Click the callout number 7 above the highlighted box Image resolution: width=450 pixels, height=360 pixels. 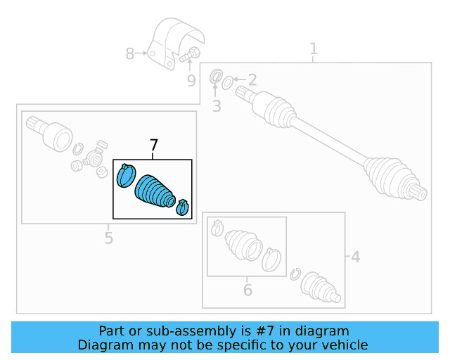tap(154, 146)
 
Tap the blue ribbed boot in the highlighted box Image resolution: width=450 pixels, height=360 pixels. tap(154, 189)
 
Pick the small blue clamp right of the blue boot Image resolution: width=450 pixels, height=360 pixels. tap(183, 207)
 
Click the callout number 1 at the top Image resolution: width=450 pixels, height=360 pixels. tap(314, 49)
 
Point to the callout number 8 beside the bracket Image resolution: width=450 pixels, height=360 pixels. tap(129, 53)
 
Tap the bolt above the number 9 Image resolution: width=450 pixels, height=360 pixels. tap(191, 53)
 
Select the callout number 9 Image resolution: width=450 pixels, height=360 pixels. tap(191, 81)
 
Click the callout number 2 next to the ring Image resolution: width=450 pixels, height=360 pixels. tap(252, 80)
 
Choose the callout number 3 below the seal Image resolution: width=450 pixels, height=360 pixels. tap(217, 106)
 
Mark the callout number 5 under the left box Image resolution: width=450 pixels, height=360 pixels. tap(108, 238)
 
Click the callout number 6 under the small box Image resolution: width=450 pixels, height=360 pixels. tap(247, 289)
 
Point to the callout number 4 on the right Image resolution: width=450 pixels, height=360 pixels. tap(355, 257)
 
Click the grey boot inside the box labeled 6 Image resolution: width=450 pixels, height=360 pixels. tap(242, 244)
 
